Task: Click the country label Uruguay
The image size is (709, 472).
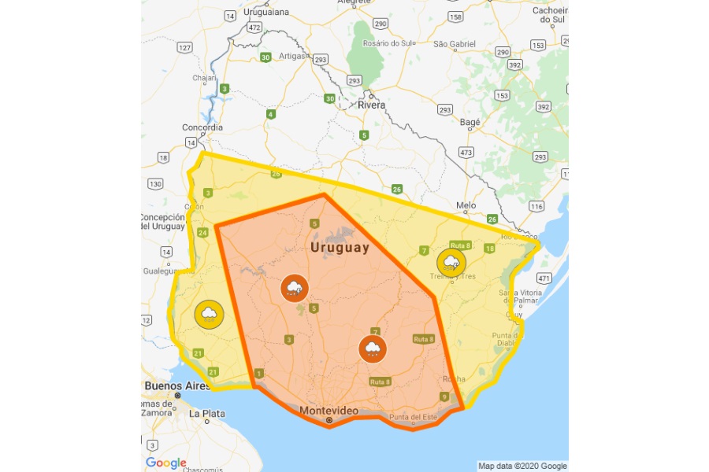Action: pos(340,248)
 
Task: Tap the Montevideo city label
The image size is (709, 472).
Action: pos(329,411)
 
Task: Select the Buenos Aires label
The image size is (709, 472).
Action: pos(176,386)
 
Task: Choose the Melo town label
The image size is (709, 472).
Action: pos(466,205)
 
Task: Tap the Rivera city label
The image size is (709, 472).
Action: pos(371,105)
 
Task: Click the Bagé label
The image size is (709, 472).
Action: pos(470,123)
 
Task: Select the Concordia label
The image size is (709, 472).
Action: pos(202,127)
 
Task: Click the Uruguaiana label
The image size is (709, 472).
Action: pos(267,12)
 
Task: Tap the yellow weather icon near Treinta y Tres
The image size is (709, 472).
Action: pos(451,262)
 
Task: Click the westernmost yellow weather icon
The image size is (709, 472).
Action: pos(209,315)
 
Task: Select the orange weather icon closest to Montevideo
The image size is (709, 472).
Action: pos(372,348)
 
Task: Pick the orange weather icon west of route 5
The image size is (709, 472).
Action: pos(295,288)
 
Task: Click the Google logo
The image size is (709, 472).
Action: pos(166,463)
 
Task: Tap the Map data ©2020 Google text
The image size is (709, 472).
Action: pos(522,466)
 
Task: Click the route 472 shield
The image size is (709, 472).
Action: pos(254,28)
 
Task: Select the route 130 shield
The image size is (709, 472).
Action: pos(155,184)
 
